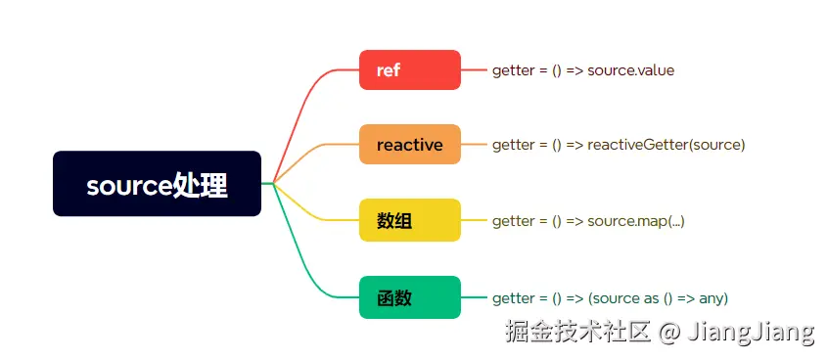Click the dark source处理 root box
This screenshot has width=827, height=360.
(x=157, y=184)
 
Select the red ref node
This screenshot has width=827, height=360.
(x=409, y=69)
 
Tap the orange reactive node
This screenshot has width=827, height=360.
(x=409, y=145)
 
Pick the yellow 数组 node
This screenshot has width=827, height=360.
(x=409, y=221)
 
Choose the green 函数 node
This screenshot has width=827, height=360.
(x=409, y=297)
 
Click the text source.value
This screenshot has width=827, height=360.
(x=630, y=70)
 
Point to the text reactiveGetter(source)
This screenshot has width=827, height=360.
(x=666, y=145)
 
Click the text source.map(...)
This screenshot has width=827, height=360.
(x=635, y=221)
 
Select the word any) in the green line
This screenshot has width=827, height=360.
(x=711, y=297)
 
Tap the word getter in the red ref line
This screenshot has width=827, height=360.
(x=513, y=70)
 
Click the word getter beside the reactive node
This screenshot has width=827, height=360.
(x=513, y=145)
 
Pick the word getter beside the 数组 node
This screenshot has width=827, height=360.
(x=513, y=221)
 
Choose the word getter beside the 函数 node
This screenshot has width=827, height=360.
(x=513, y=297)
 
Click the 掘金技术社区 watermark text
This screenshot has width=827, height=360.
(x=577, y=332)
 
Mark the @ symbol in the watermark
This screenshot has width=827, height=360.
(x=669, y=332)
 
